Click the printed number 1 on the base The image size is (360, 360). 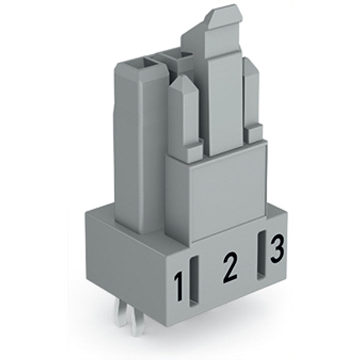click(179, 286)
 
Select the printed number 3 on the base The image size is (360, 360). click(277, 248)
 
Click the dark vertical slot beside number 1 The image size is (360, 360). click(194, 281)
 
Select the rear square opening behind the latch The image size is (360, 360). click(177, 55)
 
